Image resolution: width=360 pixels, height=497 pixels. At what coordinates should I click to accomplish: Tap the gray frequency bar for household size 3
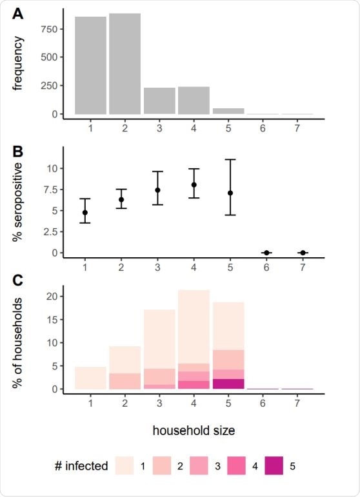point(159,101)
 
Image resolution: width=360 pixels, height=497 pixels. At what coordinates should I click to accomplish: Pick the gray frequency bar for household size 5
point(228,112)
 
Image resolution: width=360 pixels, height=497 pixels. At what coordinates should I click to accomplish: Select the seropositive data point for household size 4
point(194,185)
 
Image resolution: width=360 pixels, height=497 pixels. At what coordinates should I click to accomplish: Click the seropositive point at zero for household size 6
point(266,253)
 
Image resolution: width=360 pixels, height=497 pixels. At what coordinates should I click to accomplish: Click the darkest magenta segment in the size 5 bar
point(228,384)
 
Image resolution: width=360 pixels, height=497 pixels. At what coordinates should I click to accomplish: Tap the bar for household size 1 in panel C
point(90,378)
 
